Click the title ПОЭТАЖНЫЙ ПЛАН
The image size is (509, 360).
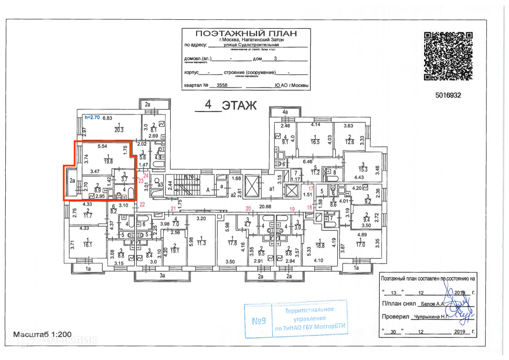pos(246,33)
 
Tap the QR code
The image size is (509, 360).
pos(449,56)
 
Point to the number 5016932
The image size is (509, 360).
pos(449,96)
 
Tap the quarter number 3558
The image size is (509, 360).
pos(222,85)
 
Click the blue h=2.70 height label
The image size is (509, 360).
pos(91,117)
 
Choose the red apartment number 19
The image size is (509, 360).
pos(292,209)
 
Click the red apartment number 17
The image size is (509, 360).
pos(311,188)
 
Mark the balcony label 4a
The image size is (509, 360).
pos(285,112)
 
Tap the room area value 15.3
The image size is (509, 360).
pos(363,169)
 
